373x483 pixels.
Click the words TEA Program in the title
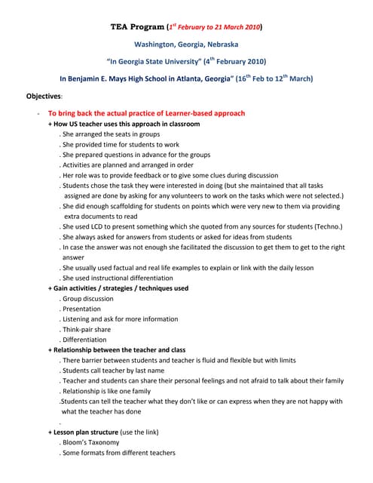click(x=133, y=27)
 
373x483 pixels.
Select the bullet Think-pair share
click(x=87, y=329)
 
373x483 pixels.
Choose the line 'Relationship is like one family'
click(x=109, y=391)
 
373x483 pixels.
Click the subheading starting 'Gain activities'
click(x=118, y=288)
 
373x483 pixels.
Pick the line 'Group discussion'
click(x=88, y=298)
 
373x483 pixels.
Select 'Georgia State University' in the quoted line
click(x=164, y=61)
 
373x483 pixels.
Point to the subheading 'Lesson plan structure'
click(x=87, y=432)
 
